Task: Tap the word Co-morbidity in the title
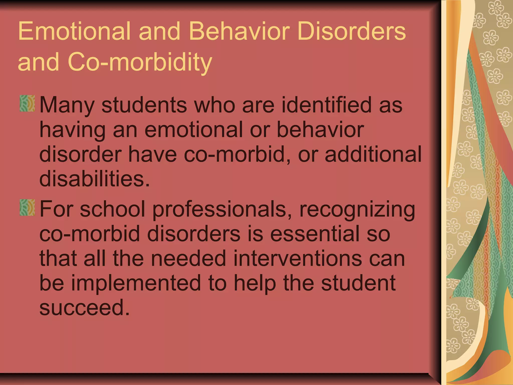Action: pyautogui.click(x=140, y=62)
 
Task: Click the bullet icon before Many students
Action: pyautogui.click(x=27, y=103)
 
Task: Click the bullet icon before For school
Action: pyautogui.click(x=27, y=208)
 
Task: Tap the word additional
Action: pyautogui.click(x=373, y=154)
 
